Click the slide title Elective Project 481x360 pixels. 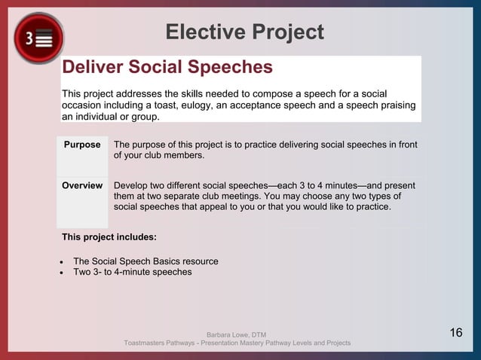click(x=244, y=32)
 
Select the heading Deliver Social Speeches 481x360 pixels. click(x=167, y=67)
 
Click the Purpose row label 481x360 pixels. click(x=82, y=145)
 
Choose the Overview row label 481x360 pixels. click(x=82, y=185)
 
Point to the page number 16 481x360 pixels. click(x=455, y=333)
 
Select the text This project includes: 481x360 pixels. click(x=109, y=237)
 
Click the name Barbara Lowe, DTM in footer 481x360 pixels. click(x=236, y=334)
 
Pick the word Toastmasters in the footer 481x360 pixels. click(x=148, y=343)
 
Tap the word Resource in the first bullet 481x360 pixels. click(x=200, y=261)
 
